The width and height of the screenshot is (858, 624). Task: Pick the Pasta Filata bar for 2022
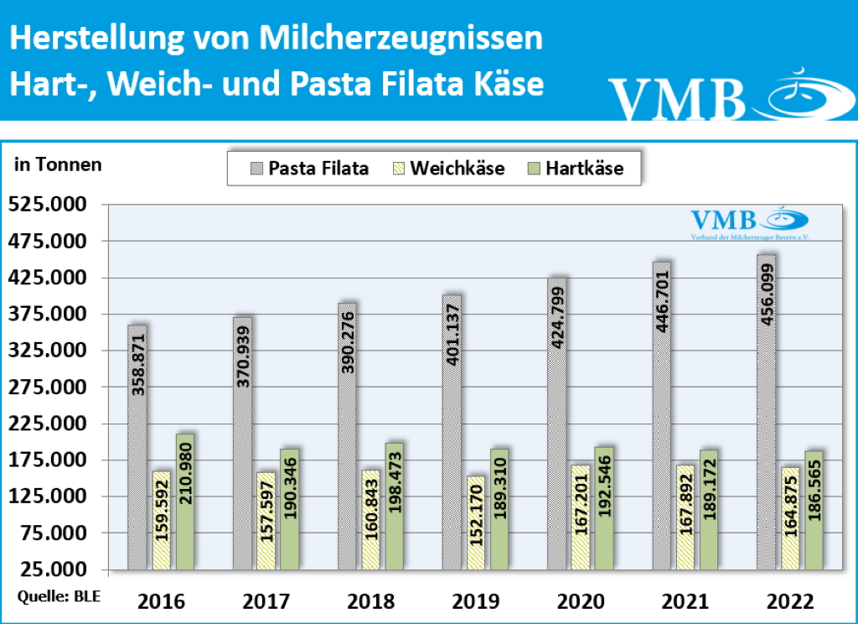click(766, 411)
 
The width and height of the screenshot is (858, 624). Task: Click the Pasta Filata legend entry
click(308, 169)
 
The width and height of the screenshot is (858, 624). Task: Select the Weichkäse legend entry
click(447, 169)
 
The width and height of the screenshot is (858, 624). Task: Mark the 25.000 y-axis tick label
click(52, 570)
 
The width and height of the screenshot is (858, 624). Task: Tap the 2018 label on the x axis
click(370, 601)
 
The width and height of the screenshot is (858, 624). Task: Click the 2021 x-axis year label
click(685, 601)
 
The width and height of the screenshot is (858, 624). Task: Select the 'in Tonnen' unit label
click(58, 165)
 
